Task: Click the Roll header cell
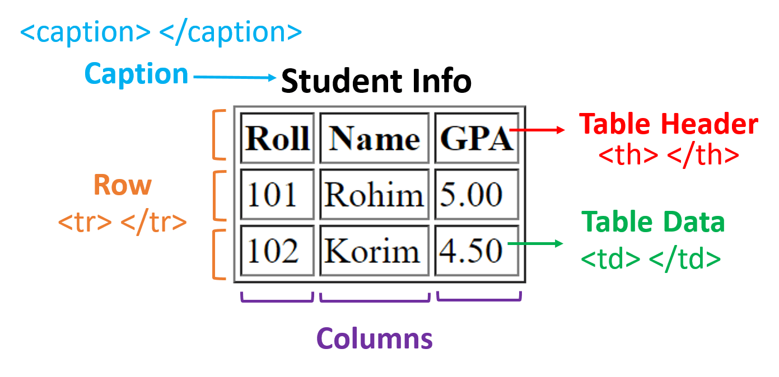(x=277, y=138)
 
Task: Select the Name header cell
(x=374, y=138)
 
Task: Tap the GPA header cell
(x=477, y=138)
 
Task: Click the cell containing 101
(x=277, y=195)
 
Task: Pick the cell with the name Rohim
(x=374, y=195)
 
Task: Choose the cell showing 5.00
(x=477, y=195)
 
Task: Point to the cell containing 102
(x=277, y=251)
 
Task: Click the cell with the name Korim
(x=374, y=251)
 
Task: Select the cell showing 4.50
(x=477, y=251)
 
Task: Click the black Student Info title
(x=376, y=82)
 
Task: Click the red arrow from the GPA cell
(x=538, y=130)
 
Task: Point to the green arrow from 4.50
(x=535, y=243)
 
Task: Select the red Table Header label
(x=668, y=124)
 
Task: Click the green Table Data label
(x=653, y=222)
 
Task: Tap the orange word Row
(x=123, y=185)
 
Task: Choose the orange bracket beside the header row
(x=218, y=135)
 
